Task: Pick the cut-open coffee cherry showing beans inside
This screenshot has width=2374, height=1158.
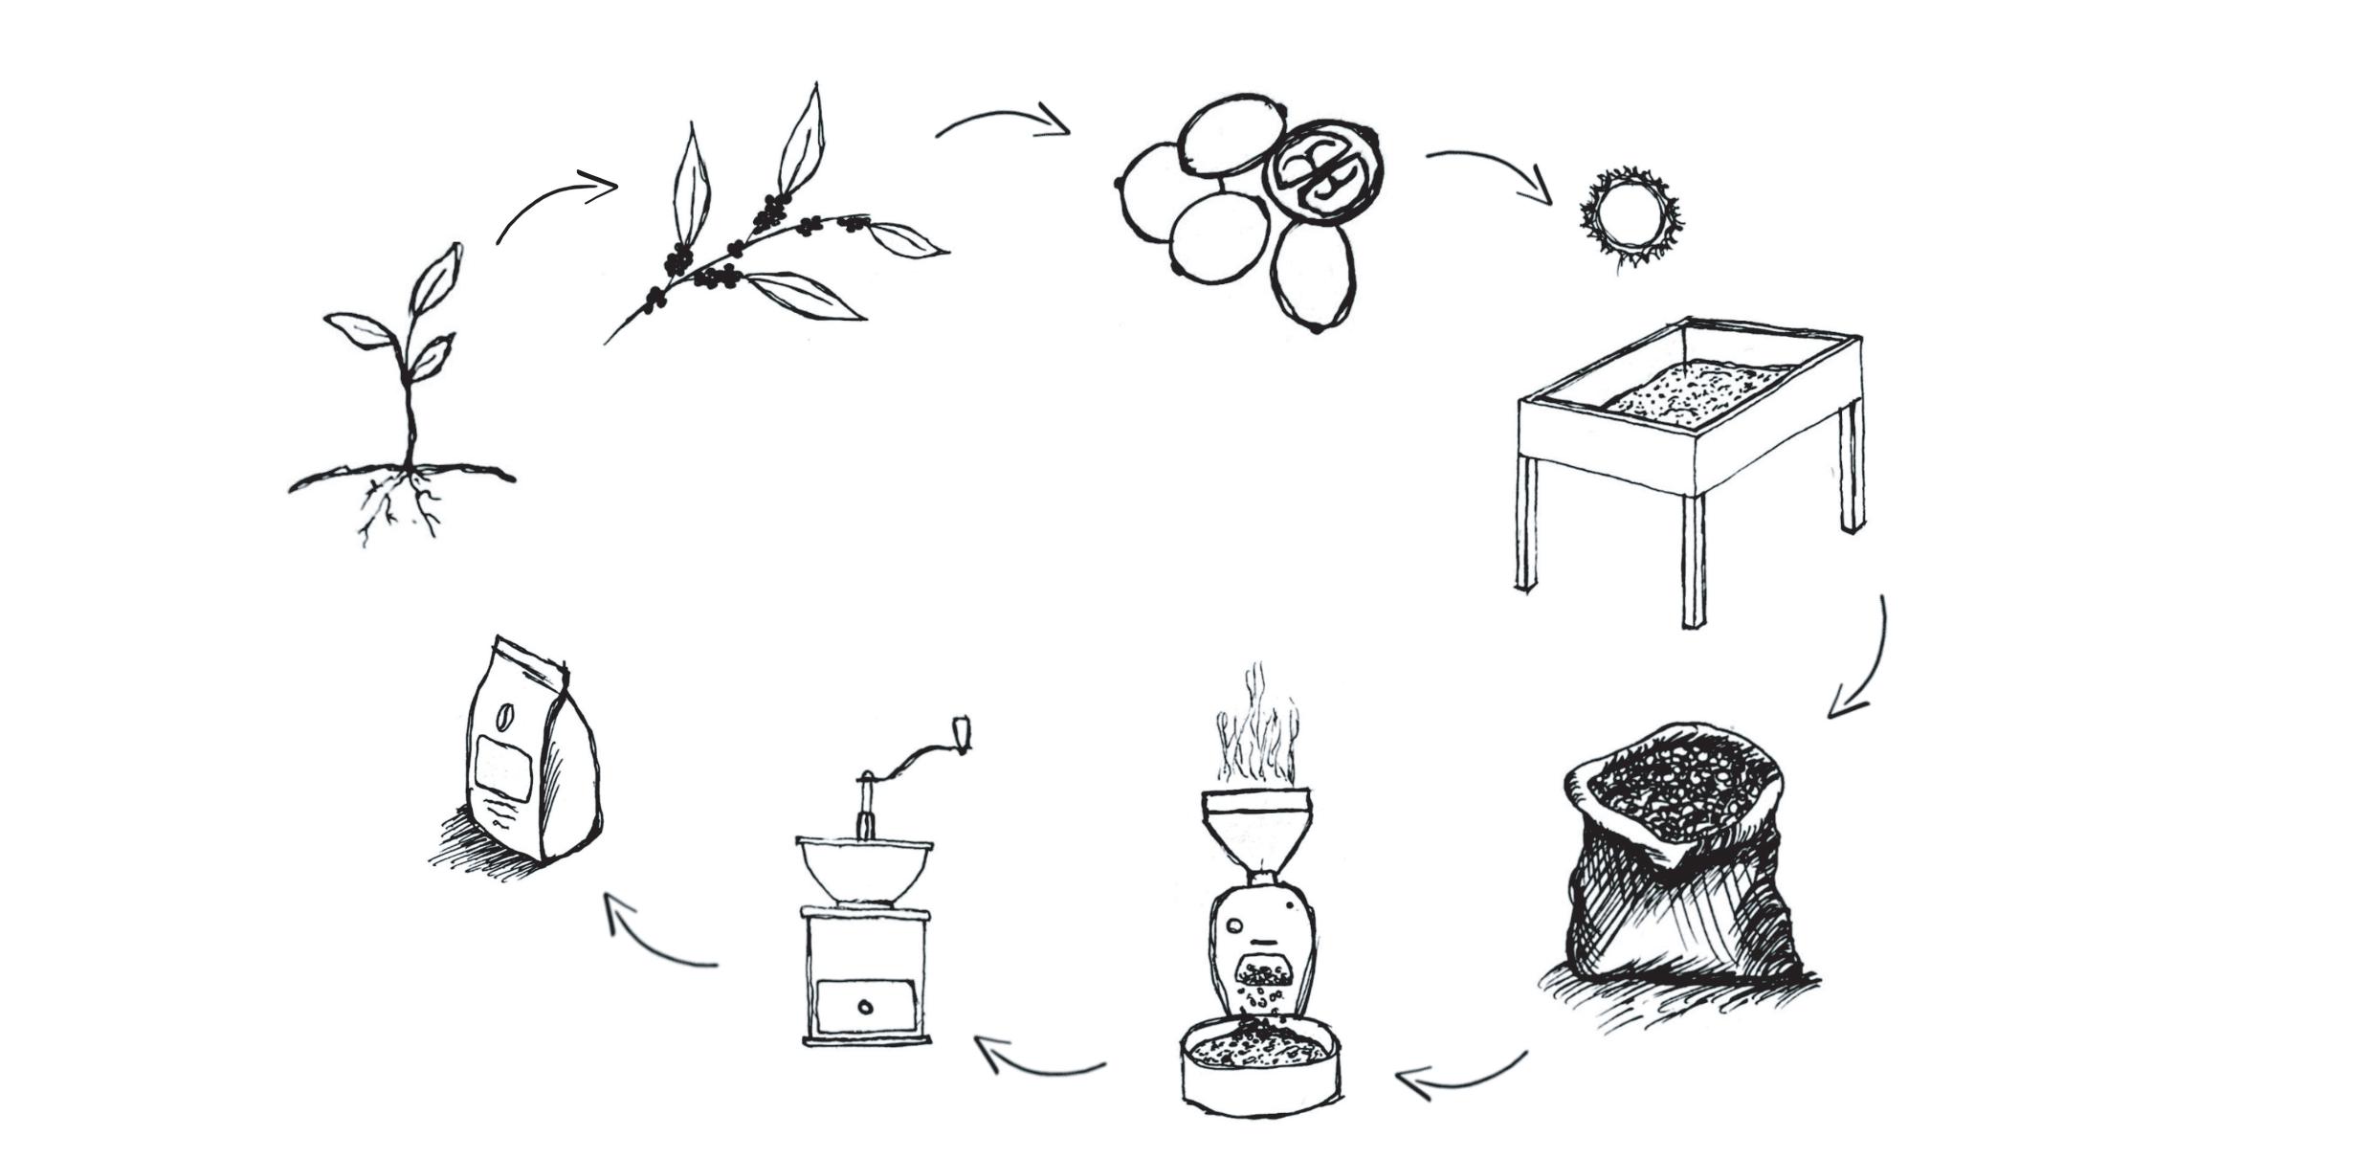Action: (x=1322, y=172)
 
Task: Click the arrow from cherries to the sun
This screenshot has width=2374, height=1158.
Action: (x=1493, y=168)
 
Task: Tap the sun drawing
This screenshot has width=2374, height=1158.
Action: (x=1629, y=216)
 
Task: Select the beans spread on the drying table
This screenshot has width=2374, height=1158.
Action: (x=1694, y=392)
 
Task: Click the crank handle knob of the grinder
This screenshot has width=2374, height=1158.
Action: (x=962, y=732)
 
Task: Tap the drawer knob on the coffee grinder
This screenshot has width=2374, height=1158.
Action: (x=865, y=1007)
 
